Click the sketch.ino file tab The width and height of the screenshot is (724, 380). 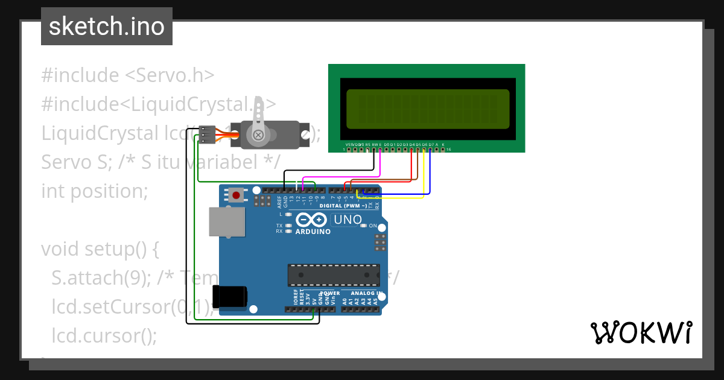pos(107,27)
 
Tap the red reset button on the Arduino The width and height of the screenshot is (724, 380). pos(236,195)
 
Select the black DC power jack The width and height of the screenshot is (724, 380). pos(229,296)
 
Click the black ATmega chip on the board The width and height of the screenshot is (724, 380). pos(334,274)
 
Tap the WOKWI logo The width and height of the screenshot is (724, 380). pos(641,332)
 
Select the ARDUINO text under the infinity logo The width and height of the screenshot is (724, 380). pos(313,232)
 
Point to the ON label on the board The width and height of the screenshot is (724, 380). pos(373,226)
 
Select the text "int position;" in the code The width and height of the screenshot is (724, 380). pos(95,191)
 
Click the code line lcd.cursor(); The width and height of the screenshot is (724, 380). pos(104,335)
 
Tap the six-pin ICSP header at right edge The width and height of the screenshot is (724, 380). pos(380,242)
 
